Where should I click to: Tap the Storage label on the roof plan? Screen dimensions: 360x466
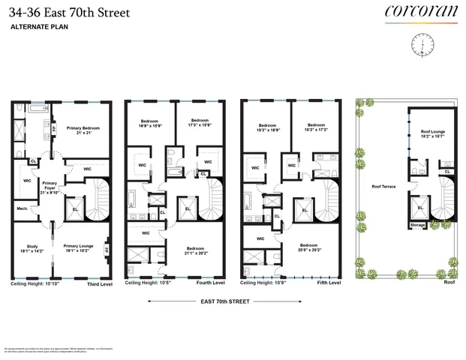[417, 225]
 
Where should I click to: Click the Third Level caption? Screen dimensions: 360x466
[100, 284]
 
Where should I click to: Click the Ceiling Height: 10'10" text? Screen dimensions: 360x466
[35, 284]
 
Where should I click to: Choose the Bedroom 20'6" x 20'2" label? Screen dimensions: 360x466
[310, 247]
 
